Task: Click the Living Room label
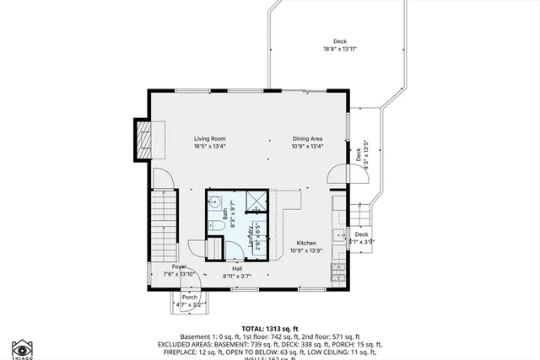(210, 138)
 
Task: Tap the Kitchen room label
(305, 243)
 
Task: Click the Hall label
(238, 269)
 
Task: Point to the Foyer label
(180, 266)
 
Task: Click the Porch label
(189, 297)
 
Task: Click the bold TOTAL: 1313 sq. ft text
(270, 329)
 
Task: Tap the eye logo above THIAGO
(21, 347)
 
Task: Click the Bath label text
(226, 216)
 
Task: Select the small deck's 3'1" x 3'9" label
(361, 242)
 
